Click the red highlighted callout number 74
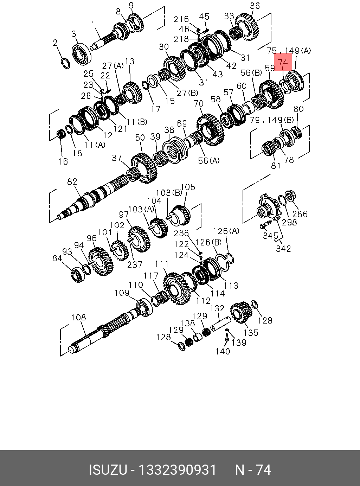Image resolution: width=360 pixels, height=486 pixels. pyautogui.click(x=283, y=63)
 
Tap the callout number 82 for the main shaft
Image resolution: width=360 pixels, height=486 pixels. pyautogui.click(x=72, y=182)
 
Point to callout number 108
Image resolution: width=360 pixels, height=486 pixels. pyautogui.click(x=78, y=318)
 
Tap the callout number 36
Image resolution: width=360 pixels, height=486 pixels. pyautogui.click(x=255, y=6)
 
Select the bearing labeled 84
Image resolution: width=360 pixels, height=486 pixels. pyautogui.click(x=76, y=274)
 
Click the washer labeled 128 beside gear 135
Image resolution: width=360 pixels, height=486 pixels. pyautogui.click(x=255, y=304)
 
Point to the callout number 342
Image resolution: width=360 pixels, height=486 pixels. pyautogui.click(x=283, y=249)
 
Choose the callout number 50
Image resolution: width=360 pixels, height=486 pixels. pyautogui.click(x=140, y=137)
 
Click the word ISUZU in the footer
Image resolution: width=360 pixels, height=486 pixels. pyautogui.click(x=107, y=470)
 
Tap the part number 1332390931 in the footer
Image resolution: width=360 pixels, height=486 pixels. pyautogui.click(x=177, y=470)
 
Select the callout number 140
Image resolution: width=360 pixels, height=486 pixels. pyautogui.click(x=223, y=351)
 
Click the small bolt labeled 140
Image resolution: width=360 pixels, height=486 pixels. pyautogui.click(x=226, y=337)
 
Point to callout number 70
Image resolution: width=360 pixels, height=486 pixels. pyautogui.click(x=199, y=104)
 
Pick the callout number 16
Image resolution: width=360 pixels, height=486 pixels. pyautogui.click(x=63, y=161)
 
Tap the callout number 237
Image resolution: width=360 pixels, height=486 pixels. pyautogui.click(x=135, y=264)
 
